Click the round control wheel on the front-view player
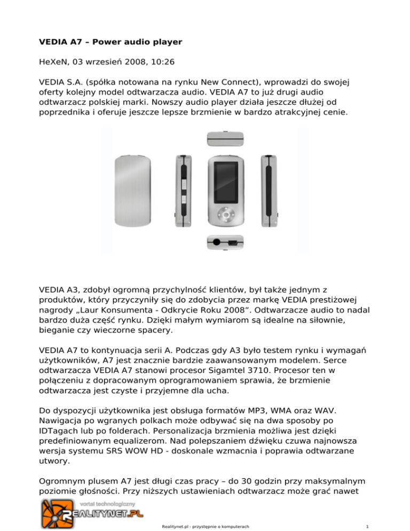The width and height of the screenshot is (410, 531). (x=228, y=213)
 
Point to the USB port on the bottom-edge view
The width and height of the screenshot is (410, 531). (x=232, y=243)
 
